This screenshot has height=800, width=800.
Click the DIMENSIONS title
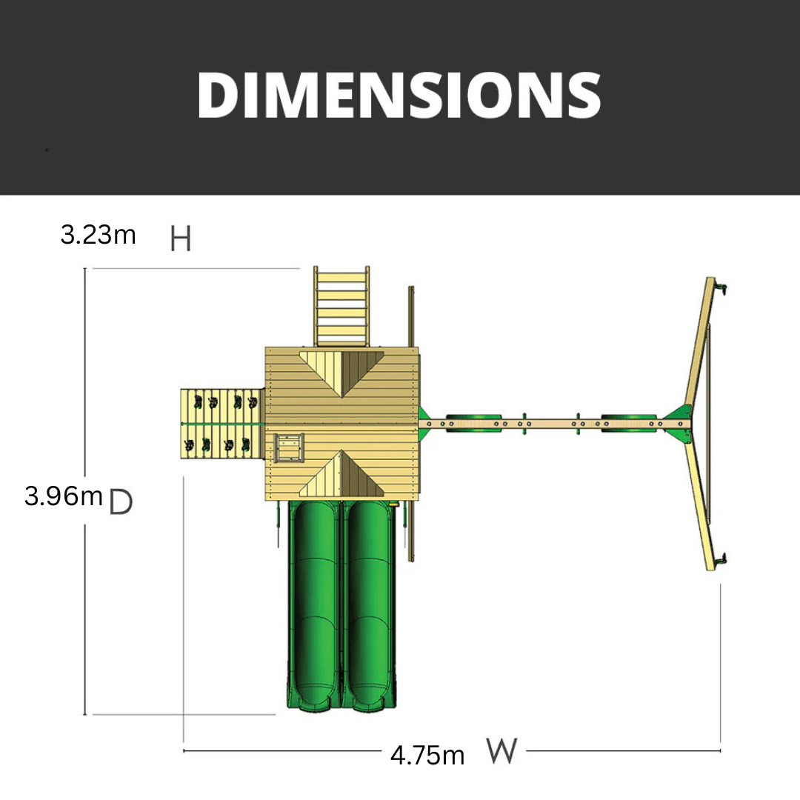399,95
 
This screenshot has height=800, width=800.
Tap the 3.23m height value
98,235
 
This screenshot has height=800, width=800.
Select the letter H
181,239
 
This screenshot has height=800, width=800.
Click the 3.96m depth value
63,496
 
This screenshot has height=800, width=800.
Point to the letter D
121,501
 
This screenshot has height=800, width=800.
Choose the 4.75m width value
427,755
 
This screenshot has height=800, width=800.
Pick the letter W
502,750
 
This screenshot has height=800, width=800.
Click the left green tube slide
313,606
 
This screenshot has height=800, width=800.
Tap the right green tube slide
369,606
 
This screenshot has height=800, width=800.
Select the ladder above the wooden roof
341,306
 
